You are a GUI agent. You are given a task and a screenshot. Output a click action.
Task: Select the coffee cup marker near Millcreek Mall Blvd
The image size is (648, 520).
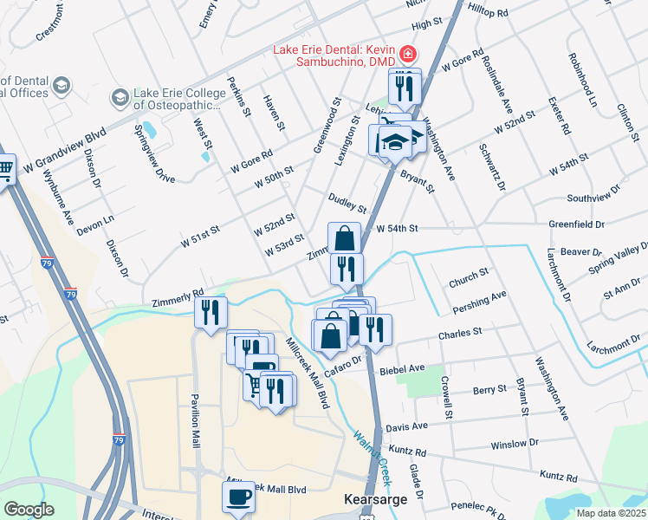[x=238, y=497]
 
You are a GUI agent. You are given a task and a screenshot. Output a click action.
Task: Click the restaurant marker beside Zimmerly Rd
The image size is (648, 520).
[x=211, y=313]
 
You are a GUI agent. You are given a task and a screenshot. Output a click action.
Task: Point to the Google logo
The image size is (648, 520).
[x=29, y=510]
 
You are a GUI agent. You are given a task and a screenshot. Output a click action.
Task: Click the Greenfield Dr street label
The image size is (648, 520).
[x=576, y=224]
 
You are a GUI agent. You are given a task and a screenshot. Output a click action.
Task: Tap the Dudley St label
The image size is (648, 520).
[x=348, y=203]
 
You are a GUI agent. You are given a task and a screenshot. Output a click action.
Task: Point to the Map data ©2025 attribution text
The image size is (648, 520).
[x=612, y=513]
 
